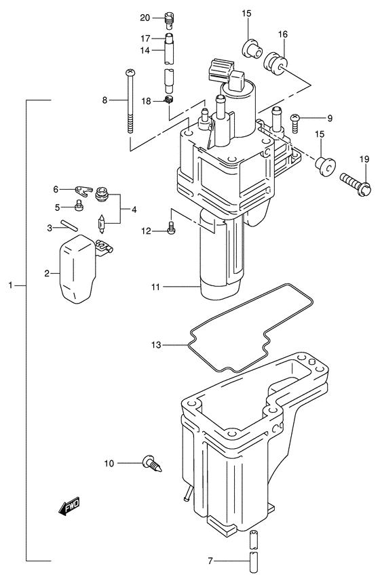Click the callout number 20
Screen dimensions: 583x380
pyautogui.click(x=145, y=17)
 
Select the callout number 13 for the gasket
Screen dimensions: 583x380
pyautogui.click(x=157, y=345)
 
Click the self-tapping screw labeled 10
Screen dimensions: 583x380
pyautogui.click(x=150, y=464)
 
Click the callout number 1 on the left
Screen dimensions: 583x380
pyautogui.click(x=11, y=287)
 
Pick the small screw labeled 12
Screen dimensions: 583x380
pyautogui.click(x=170, y=231)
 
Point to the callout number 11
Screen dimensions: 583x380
pyautogui.click(x=157, y=287)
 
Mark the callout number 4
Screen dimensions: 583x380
pyautogui.click(x=134, y=209)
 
